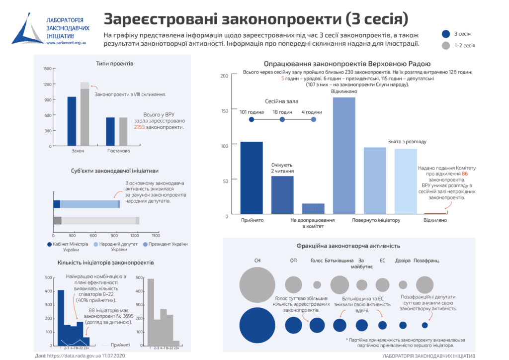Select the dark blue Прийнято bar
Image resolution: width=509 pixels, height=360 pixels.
coord(252,179)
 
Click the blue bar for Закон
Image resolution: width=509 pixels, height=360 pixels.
coord(72,121)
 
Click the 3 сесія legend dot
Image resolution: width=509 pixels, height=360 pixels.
coord(445,34)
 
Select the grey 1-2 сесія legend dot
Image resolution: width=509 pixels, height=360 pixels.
coord(445,45)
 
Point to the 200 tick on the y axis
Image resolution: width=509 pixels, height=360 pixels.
coord(224,76)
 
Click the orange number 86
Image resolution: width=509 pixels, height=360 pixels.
coord(465,174)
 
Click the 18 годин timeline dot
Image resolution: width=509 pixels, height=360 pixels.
coord(282,120)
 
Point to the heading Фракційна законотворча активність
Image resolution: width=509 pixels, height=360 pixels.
coord(348,246)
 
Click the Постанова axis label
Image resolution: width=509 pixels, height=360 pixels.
coord(119,151)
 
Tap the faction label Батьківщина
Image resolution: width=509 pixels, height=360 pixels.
coord(339,261)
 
